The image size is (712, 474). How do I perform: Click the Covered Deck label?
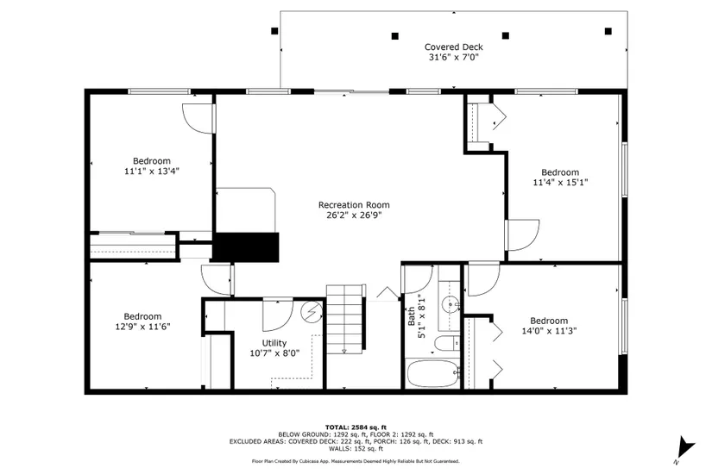[x=454, y=47]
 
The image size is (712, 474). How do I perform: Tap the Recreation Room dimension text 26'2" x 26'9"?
[x=354, y=215]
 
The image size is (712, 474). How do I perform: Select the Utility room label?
[x=274, y=343]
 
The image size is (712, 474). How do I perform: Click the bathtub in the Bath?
[x=433, y=374]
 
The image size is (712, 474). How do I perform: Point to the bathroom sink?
[x=450, y=303]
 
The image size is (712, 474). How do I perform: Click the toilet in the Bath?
[x=447, y=343]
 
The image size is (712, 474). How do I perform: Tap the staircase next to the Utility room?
[x=345, y=320]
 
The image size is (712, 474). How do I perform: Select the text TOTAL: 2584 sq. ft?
[x=356, y=427]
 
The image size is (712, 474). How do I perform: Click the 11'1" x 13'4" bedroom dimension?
[x=152, y=171]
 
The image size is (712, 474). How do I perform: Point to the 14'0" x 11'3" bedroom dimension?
[x=549, y=331]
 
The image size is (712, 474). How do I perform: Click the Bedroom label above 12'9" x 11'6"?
[x=142, y=316]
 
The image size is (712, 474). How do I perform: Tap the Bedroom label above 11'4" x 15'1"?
[x=560, y=172]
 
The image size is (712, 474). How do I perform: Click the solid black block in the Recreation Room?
[x=246, y=247]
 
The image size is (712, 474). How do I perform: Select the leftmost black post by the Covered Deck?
[x=274, y=31]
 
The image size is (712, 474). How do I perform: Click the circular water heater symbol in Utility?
[x=312, y=312]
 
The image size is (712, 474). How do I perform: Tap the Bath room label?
[x=412, y=316]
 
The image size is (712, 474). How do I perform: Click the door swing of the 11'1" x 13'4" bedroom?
[x=198, y=119]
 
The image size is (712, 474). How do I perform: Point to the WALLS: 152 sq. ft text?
[x=356, y=449]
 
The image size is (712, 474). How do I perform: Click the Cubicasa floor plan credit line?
[x=356, y=461]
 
